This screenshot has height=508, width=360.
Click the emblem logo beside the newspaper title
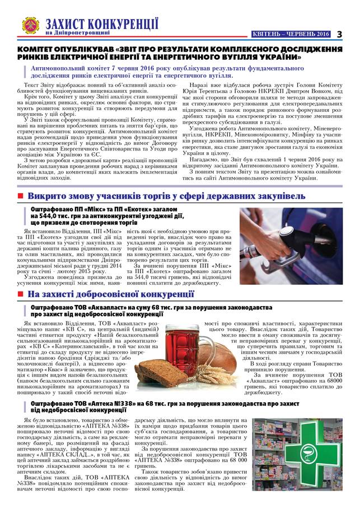point(30,25)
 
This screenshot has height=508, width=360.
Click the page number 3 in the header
point(339,34)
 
